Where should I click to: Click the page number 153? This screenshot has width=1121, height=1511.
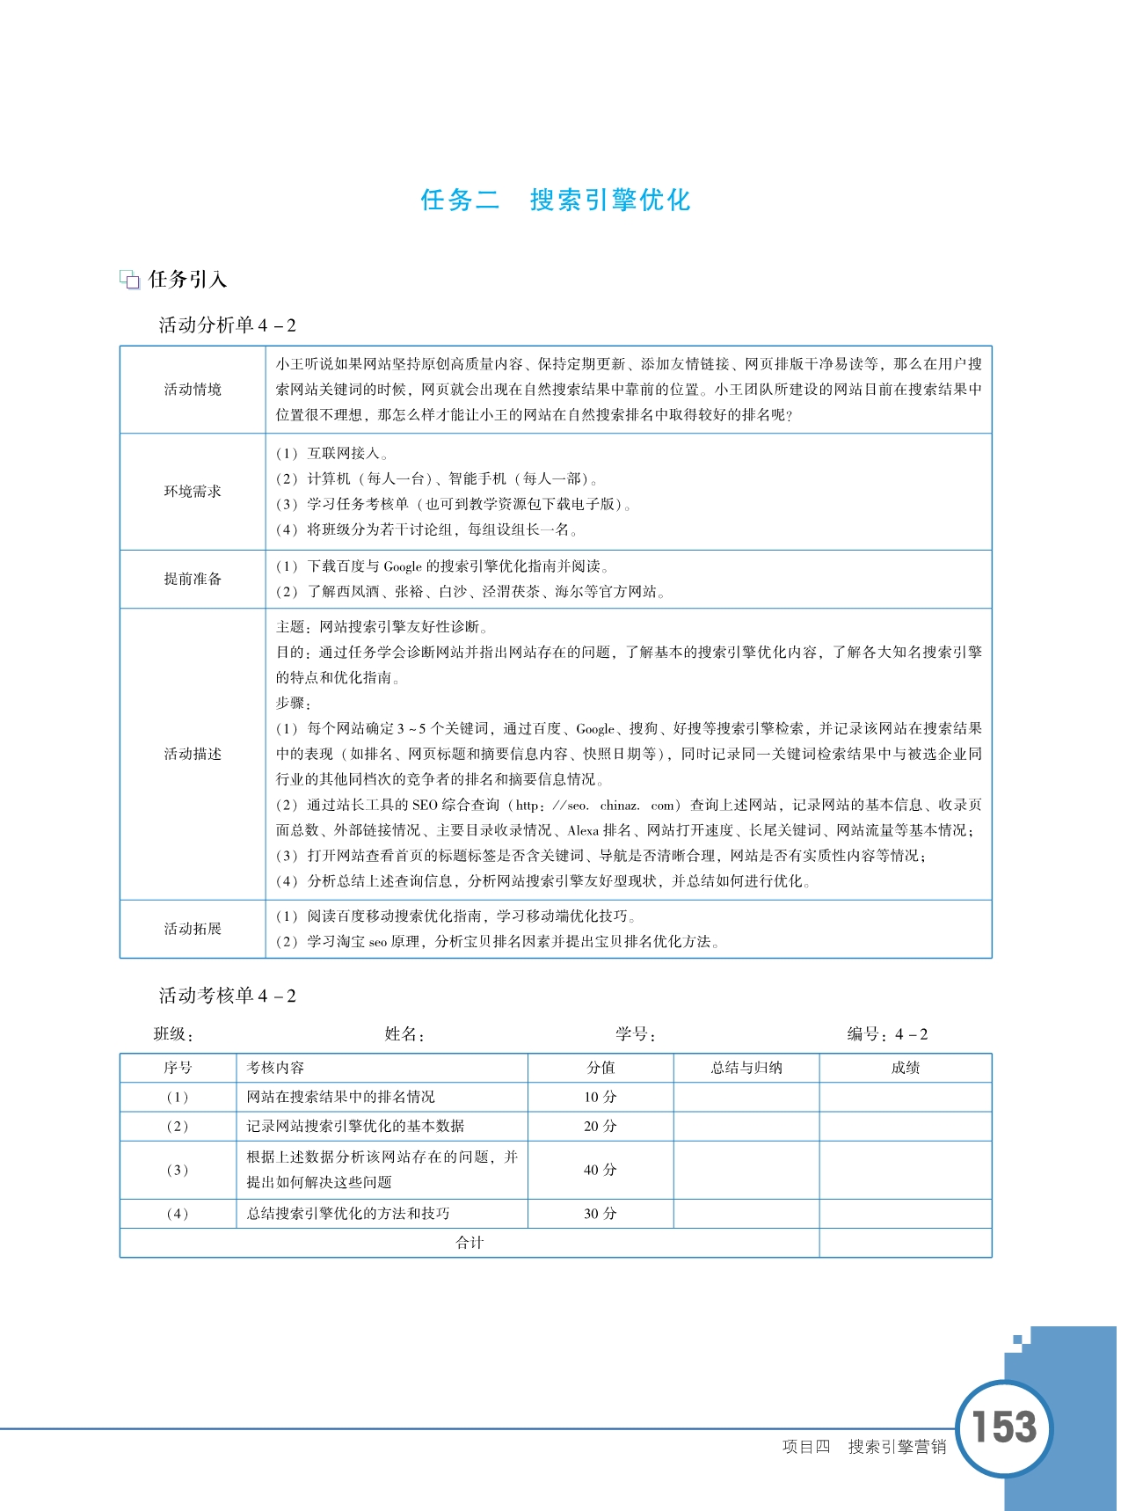[x=1004, y=1427]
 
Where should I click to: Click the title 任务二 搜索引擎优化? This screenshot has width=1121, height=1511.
[x=556, y=200]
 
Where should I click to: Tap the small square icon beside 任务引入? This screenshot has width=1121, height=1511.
[x=130, y=281]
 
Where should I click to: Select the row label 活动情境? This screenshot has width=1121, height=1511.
[x=193, y=390]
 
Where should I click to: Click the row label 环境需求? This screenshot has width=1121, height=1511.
[x=193, y=492]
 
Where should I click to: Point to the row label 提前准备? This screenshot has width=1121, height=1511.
[x=193, y=579]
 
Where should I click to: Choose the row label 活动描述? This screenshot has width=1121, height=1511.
[x=193, y=754]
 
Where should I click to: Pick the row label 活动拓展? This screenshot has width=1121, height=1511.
[x=193, y=929]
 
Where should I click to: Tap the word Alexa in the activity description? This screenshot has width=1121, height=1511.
[x=583, y=830]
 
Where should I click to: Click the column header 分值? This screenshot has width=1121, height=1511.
[x=601, y=1068]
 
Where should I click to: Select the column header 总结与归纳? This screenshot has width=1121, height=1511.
[x=746, y=1068]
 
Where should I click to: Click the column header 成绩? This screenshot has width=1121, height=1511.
[x=906, y=1068]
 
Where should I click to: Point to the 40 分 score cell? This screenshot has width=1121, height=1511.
[x=601, y=1170]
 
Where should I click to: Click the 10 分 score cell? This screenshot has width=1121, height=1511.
[x=601, y=1097]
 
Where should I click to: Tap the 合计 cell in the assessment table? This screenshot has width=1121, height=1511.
[x=470, y=1243]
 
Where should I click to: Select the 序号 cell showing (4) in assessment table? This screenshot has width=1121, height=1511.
[x=178, y=1214]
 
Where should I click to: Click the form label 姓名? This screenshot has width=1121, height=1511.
[x=404, y=1034]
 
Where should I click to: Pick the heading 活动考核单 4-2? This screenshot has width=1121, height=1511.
[x=228, y=996]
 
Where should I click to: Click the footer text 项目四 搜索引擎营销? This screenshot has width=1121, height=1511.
[x=864, y=1447]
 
